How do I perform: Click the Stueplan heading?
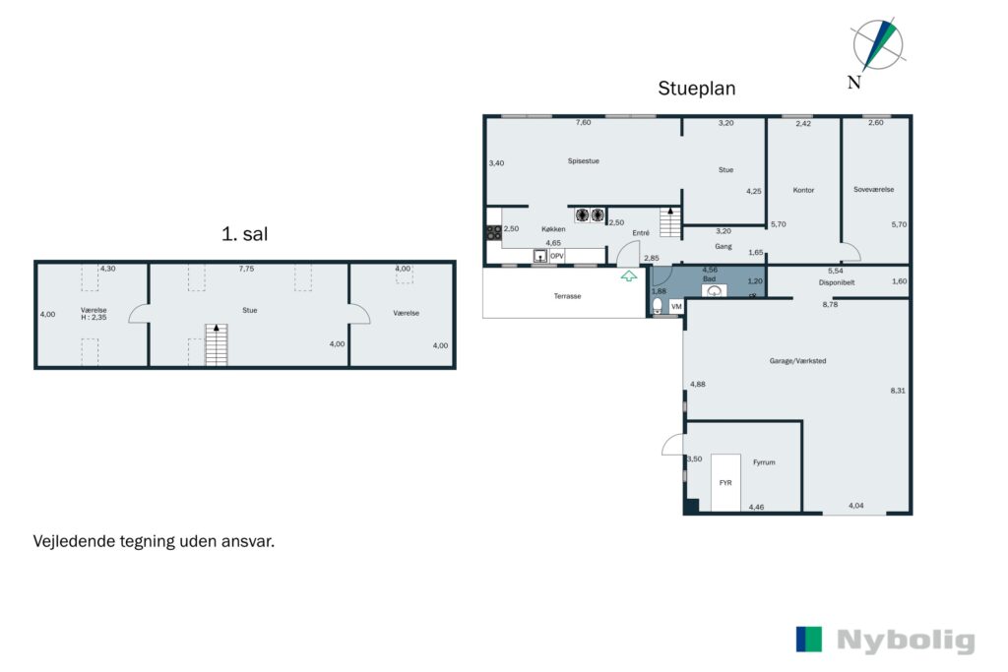tap(696, 89)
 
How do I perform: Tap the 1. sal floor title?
tap(244, 234)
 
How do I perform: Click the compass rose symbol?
tap(877, 45)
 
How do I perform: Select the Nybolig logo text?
tap(906, 641)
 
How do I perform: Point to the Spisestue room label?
tap(583, 161)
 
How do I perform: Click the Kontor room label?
tap(803, 190)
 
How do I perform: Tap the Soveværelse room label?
tap(874, 190)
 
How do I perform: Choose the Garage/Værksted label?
tap(797, 361)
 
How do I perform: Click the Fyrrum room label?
tap(764, 462)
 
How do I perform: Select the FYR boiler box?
tap(725, 482)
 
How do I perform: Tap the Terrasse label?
tap(568, 296)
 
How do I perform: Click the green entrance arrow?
tap(629, 275)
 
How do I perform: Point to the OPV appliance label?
tap(557, 256)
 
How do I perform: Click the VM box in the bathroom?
tap(676, 307)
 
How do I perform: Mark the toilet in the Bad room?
tap(658, 305)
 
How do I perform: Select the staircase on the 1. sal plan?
tap(216, 344)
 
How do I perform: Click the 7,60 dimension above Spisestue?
tap(583, 122)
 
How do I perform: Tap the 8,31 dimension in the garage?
tap(898, 391)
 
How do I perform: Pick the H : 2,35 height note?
tap(94, 318)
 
